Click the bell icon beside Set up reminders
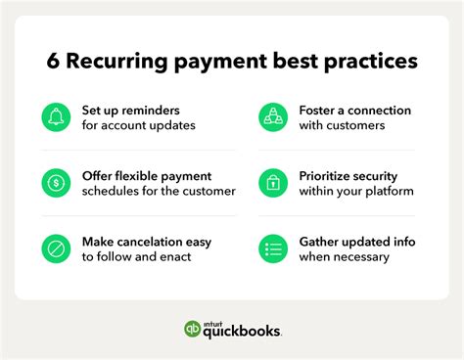click(57, 118)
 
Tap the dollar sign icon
click(57, 183)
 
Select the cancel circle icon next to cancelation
click(57, 247)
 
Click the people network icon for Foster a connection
click(273, 118)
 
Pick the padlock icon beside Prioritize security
click(273, 183)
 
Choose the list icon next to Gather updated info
click(273, 247)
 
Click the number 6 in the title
click(54, 62)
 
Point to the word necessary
click(356, 256)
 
